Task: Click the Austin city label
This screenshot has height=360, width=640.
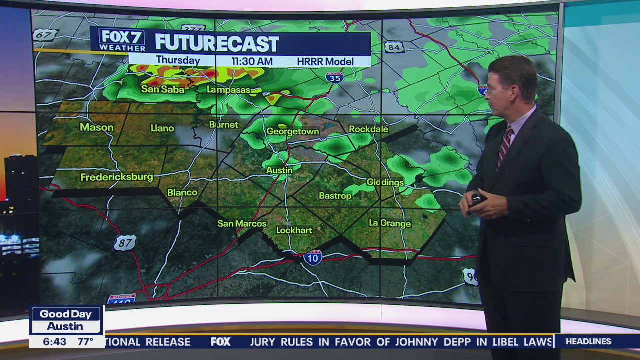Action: point(279,170)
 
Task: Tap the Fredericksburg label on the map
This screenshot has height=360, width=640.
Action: point(117,177)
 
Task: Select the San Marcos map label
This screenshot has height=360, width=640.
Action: point(242,223)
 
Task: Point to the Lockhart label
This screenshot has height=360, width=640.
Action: point(294,230)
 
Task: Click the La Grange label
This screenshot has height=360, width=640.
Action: point(390,223)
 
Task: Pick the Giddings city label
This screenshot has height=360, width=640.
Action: point(385,182)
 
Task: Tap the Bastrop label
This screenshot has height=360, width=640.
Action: point(335,196)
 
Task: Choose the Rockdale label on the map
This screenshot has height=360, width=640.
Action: point(368,129)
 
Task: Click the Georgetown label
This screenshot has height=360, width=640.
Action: point(292,131)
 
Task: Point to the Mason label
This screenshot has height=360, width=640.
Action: point(97,127)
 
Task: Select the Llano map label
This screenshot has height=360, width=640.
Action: point(162,128)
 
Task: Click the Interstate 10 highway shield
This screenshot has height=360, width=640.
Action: point(313,257)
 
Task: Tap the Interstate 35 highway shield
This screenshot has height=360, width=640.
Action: point(334,77)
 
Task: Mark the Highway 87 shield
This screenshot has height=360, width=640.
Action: point(124,243)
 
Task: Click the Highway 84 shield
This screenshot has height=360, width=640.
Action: point(394,47)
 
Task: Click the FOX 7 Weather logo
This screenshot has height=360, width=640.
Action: point(122,39)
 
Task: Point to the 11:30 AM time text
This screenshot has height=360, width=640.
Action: point(252,61)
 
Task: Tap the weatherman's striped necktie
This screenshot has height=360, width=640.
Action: point(504,147)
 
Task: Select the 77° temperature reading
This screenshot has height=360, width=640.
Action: point(85,341)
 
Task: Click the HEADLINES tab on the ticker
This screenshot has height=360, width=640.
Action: point(588,342)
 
